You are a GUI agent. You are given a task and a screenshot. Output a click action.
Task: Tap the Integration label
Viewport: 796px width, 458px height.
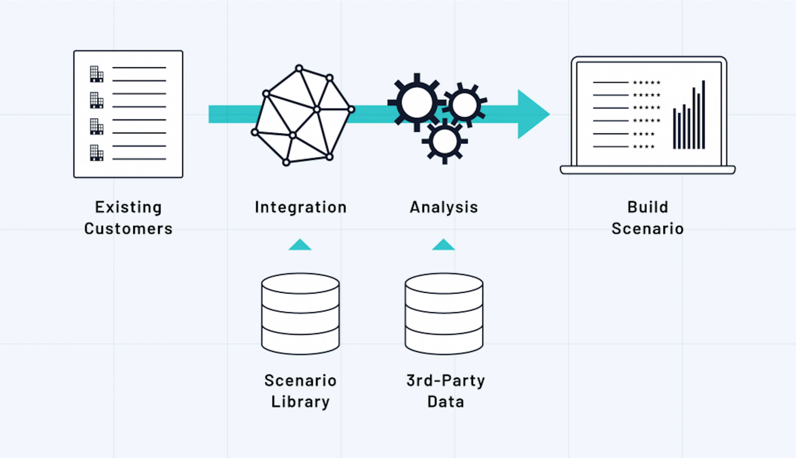(x=301, y=208)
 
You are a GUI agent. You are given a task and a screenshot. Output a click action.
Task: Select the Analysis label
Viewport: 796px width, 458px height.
(x=444, y=208)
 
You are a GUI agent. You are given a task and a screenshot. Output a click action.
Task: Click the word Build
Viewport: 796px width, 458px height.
(x=648, y=207)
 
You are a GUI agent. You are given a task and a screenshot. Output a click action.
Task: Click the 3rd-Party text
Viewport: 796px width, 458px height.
(x=446, y=381)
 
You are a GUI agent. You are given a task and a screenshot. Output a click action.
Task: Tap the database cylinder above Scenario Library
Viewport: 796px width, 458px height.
(x=300, y=314)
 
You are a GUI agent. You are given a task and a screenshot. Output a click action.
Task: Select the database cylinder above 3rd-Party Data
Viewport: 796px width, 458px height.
(x=444, y=314)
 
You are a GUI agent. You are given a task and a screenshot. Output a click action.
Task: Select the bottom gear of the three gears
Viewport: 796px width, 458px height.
(x=444, y=141)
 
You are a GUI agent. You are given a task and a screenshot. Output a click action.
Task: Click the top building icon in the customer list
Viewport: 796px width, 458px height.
(x=97, y=74)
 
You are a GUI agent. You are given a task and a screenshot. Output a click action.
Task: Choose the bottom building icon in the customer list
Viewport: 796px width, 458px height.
(x=97, y=153)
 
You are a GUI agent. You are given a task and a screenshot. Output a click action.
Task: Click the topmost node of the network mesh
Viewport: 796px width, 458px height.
(x=299, y=68)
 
